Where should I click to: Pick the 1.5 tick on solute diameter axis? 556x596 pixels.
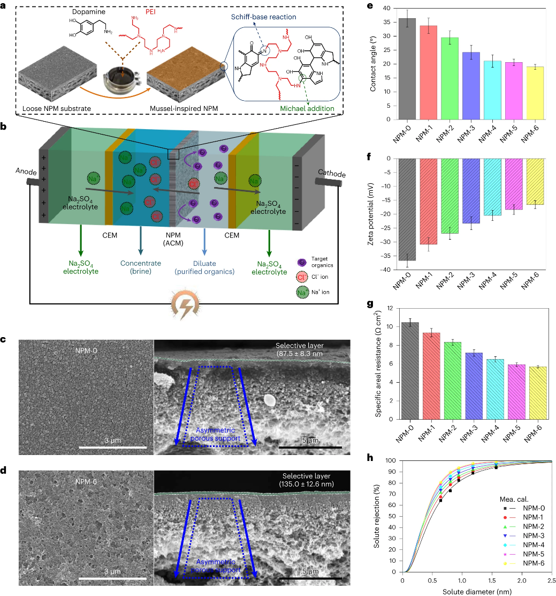coord(491,580)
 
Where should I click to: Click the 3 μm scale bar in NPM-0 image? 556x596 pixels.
coord(112,446)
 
